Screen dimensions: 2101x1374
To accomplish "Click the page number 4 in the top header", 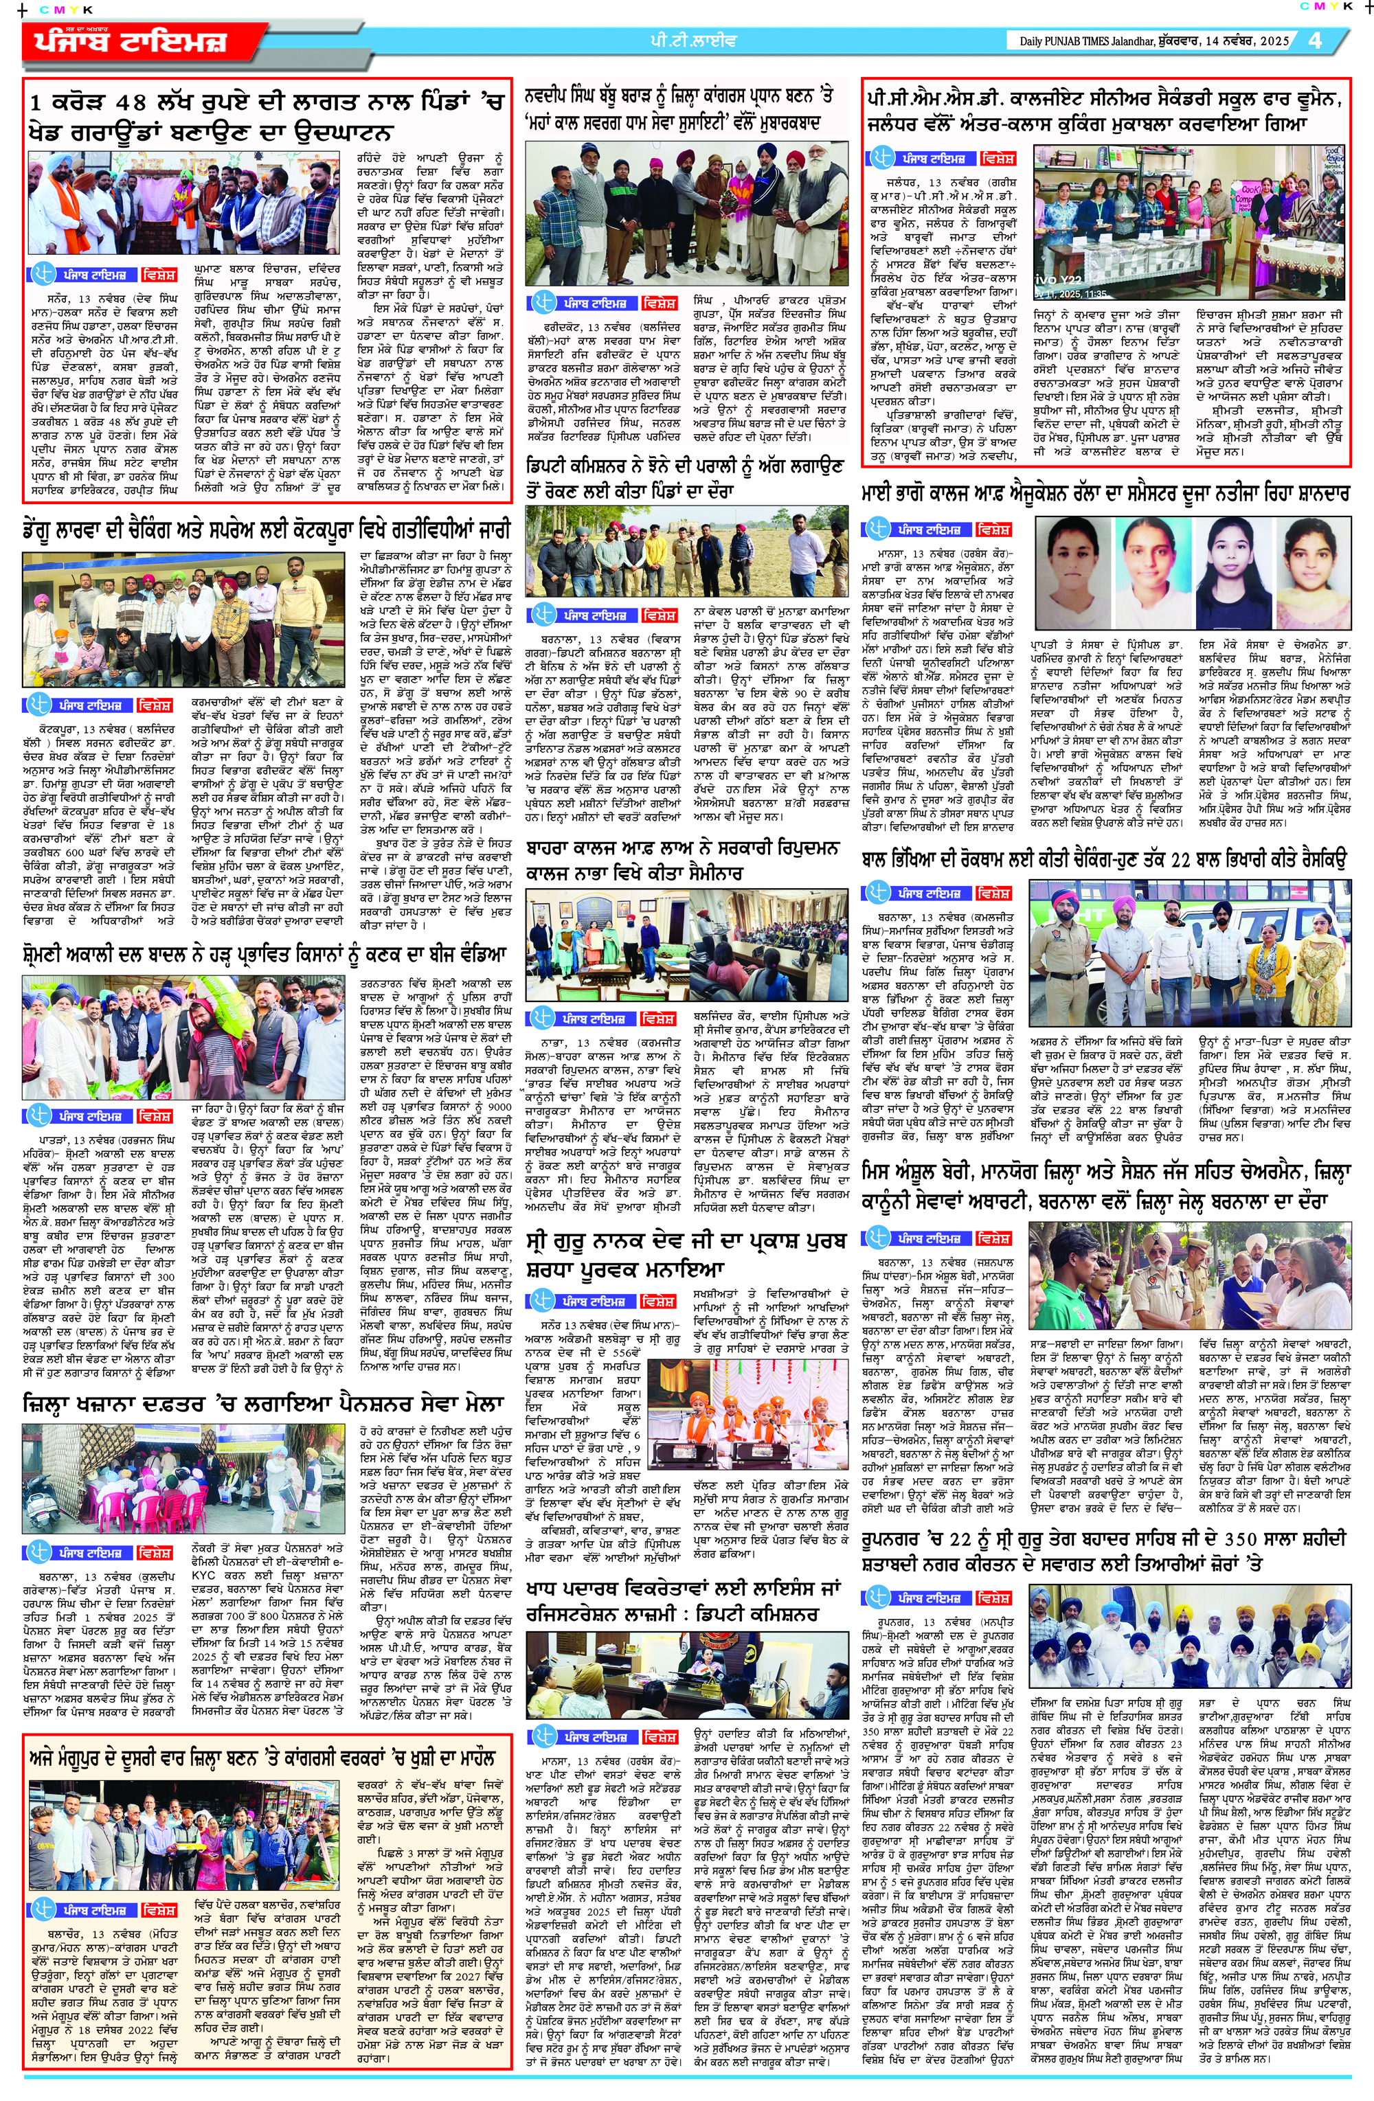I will (1316, 41).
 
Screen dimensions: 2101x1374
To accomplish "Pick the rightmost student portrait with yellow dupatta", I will (1310, 558).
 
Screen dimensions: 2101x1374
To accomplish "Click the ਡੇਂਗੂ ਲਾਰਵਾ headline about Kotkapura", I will (265, 530).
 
